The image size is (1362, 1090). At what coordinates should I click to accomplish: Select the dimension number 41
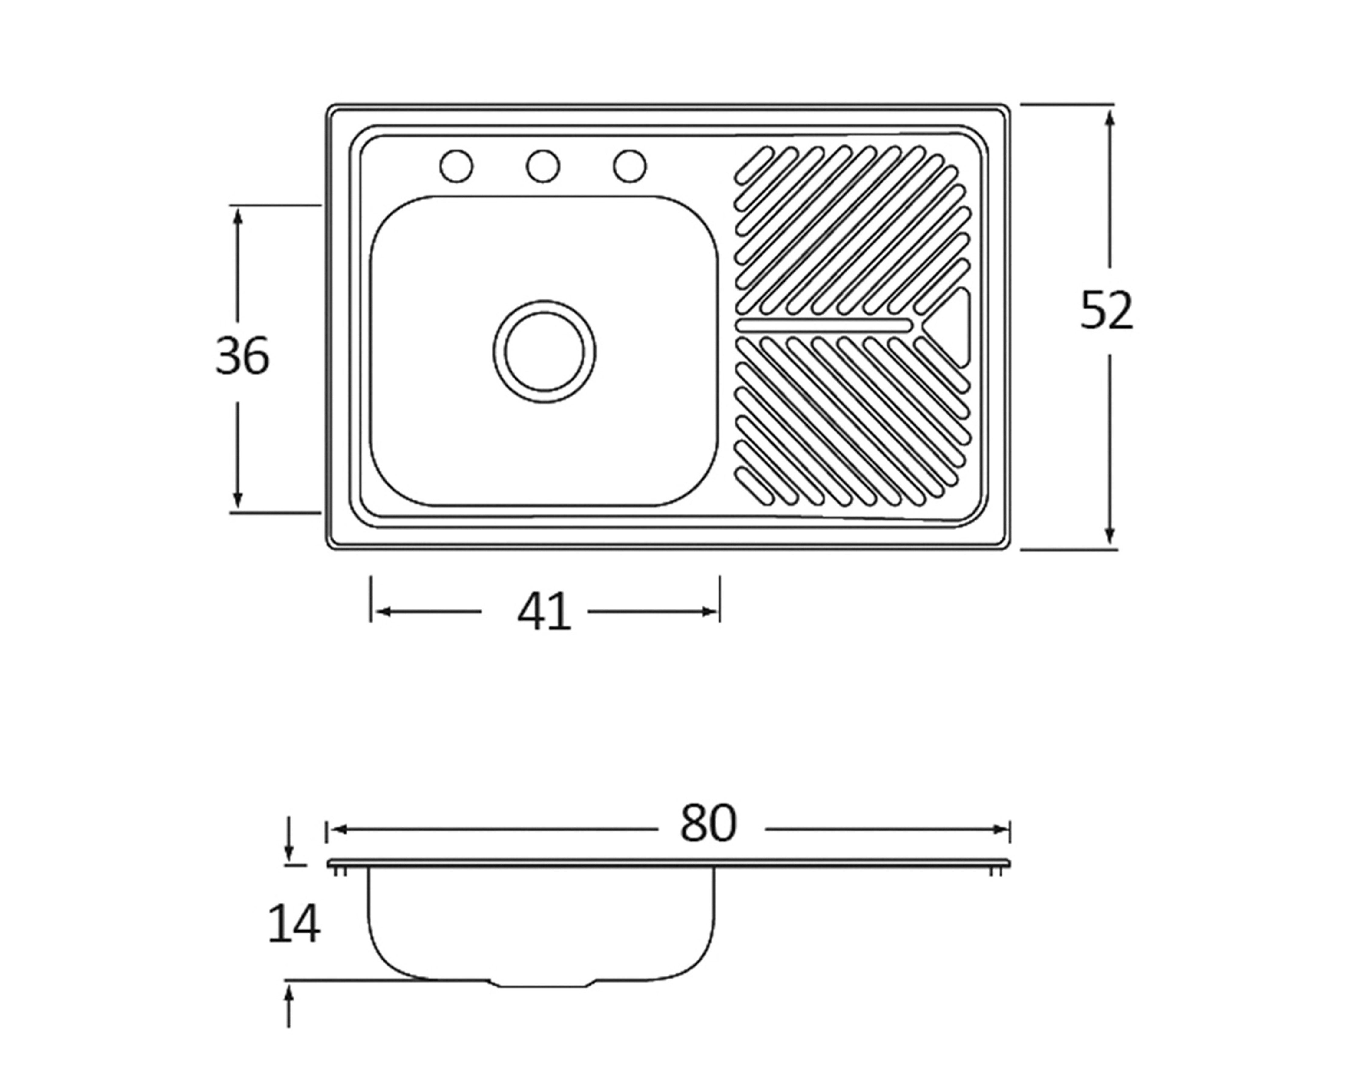click(544, 612)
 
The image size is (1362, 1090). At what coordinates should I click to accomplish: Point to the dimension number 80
click(708, 823)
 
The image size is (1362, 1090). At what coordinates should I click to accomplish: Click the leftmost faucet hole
click(456, 166)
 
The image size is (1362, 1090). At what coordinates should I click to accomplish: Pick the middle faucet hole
click(543, 166)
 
